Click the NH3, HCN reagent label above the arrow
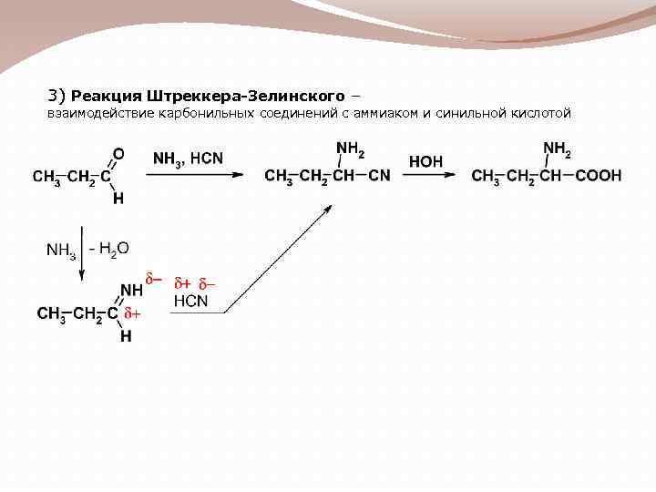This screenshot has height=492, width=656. pyautogui.click(x=188, y=159)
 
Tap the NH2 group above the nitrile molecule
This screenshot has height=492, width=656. pyautogui.click(x=350, y=148)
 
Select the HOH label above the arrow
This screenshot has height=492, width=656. pyautogui.click(x=427, y=160)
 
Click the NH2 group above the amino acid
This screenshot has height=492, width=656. pyautogui.click(x=557, y=148)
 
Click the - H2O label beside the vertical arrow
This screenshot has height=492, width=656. pyautogui.click(x=109, y=247)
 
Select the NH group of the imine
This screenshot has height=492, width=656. pyautogui.click(x=131, y=291)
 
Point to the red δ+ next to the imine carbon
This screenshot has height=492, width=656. pyautogui.click(x=133, y=314)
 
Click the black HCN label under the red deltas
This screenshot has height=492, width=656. pyautogui.click(x=191, y=301)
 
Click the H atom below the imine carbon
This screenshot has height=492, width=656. pyautogui.click(x=126, y=337)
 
